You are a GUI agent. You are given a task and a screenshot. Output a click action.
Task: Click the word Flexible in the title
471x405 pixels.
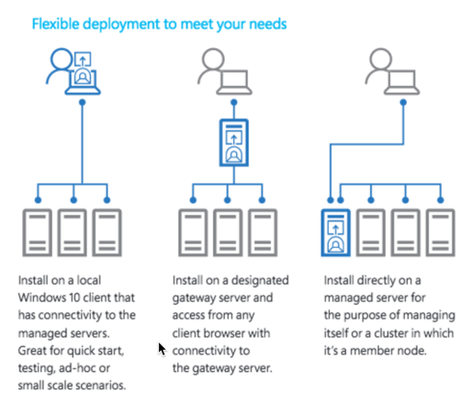(x=55, y=24)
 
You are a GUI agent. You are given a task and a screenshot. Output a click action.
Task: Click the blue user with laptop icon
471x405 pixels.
(x=73, y=72)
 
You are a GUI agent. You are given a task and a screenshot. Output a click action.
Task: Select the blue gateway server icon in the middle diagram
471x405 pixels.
(x=234, y=142)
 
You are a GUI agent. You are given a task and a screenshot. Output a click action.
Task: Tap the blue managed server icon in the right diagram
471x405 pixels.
(x=336, y=232)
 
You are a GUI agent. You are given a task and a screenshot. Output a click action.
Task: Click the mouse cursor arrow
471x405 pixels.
(x=162, y=349)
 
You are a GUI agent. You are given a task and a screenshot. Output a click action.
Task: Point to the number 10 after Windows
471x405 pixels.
(x=74, y=298)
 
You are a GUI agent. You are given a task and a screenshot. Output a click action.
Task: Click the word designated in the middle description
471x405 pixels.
(x=260, y=280)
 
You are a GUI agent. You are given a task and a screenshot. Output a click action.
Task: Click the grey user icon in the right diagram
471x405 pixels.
(x=392, y=72)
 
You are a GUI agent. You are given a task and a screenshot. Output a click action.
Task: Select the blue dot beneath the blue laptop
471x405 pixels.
(x=82, y=102)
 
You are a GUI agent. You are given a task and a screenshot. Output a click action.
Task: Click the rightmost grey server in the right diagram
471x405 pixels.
(x=441, y=232)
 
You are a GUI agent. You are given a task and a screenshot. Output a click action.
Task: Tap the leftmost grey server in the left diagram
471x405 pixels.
(x=38, y=232)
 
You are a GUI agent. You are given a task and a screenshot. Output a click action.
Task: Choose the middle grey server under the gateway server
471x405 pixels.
(x=228, y=232)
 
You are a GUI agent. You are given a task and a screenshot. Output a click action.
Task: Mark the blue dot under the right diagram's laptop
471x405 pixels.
(x=403, y=102)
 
